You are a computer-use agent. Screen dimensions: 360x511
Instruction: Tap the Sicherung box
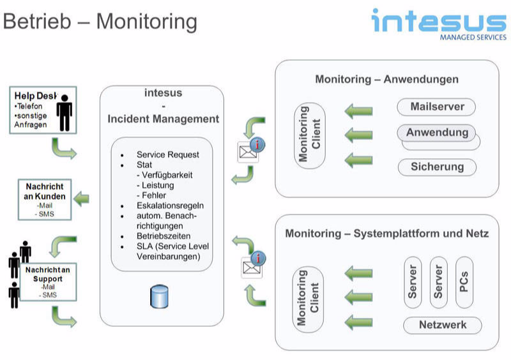click(437, 167)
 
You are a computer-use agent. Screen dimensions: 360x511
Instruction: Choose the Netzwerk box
click(442, 325)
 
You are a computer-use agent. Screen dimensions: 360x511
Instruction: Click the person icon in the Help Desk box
click(64, 114)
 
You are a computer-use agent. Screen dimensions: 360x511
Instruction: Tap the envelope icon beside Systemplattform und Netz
click(248, 267)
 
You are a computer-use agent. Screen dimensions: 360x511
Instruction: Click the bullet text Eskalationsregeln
click(170, 206)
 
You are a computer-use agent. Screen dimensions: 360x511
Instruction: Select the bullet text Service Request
click(167, 154)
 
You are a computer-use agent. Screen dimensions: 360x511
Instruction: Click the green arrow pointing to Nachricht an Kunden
click(82, 199)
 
